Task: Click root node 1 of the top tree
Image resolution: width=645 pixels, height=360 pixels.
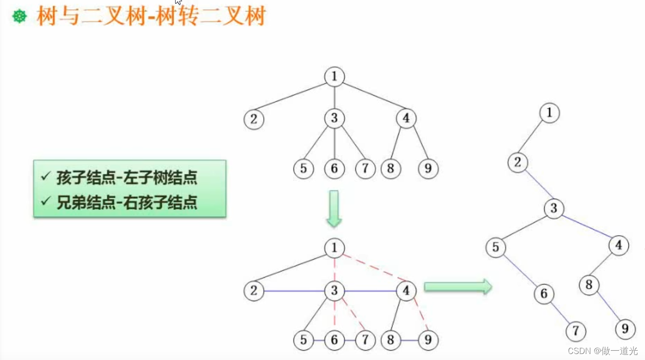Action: coord(335,77)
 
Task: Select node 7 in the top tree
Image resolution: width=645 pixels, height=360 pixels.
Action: coord(365,169)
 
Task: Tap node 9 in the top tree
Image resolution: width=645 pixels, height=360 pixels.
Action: coord(428,169)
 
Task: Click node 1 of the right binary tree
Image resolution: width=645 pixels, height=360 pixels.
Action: coord(549,113)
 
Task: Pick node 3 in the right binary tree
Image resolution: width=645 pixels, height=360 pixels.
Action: coord(554,208)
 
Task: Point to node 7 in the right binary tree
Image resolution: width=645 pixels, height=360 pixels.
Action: coord(576,331)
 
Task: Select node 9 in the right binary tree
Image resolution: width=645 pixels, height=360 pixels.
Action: coord(625,329)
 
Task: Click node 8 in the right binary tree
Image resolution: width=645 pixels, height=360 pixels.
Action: coord(589,285)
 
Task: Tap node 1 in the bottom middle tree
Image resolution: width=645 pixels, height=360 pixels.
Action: coord(335,249)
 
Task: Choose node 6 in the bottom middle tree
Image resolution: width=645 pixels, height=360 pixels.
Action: coord(334,341)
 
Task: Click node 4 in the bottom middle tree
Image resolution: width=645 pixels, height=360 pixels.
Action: coord(406,291)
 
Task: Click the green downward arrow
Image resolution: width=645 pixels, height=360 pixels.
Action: coord(334,208)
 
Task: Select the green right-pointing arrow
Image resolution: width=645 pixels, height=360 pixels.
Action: coord(457,287)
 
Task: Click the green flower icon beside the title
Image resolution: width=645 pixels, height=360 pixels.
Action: coord(19,17)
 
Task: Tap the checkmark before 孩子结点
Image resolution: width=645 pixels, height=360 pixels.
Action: coord(45,177)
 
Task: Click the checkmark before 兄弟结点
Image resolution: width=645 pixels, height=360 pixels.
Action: coord(45,202)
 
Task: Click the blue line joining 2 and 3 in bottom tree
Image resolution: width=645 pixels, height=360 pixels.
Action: coord(294,291)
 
